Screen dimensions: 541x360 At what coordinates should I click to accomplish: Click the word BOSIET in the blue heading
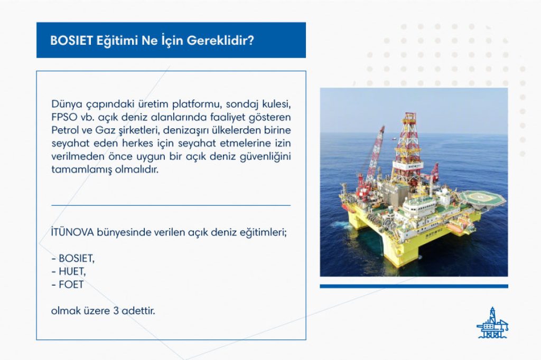point(72,41)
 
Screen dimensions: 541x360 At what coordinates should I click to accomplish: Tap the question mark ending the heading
point(251,41)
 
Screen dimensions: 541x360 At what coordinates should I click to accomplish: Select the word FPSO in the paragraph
point(64,117)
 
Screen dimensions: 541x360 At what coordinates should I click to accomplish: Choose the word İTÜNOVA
point(72,232)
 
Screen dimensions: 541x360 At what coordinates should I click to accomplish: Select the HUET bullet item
point(72,271)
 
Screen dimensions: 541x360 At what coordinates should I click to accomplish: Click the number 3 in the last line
point(116,311)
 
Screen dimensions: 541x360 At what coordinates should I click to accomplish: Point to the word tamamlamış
point(82,169)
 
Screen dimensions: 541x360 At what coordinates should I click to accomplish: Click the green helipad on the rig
point(482,198)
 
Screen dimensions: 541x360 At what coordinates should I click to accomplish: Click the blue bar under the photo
point(414,286)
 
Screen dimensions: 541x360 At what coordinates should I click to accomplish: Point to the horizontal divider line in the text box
point(171,205)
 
